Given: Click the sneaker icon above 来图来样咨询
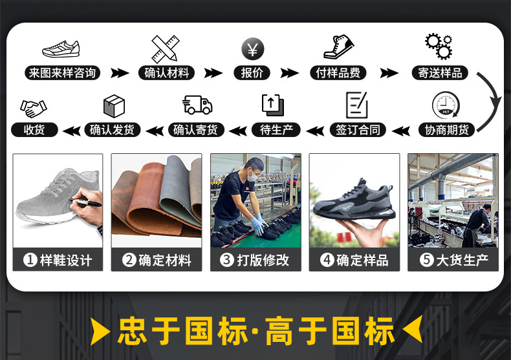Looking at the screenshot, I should click(x=61, y=48).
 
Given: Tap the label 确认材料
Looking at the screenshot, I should click(x=166, y=73).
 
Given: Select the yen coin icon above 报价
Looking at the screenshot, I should click(x=252, y=48).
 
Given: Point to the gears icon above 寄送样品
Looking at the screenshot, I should click(x=439, y=47).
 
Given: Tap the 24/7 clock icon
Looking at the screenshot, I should click(x=445, y=105).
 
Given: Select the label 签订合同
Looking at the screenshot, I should click(x=357, y=130).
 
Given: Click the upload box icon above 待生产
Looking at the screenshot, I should click(x=272, y=105).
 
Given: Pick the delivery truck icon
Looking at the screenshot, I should click(x=197, y=105).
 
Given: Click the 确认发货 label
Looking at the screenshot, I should click(x=113, y=130).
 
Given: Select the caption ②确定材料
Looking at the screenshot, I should click(x=157, y=260).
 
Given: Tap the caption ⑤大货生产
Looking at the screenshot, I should click(x=453, y=260).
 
